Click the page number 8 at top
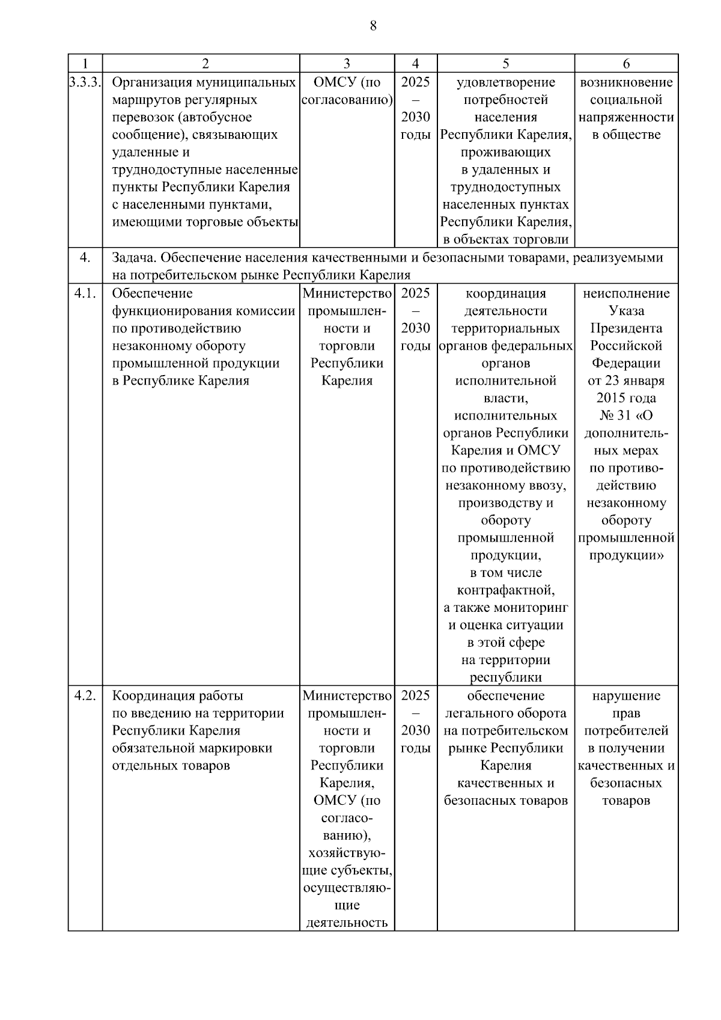373,25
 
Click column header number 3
347,64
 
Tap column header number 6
626,64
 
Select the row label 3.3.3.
85,82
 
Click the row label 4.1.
85,293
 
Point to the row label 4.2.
85,696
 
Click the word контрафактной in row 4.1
505,590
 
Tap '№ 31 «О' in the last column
626,415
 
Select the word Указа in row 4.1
626,311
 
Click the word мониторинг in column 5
537,608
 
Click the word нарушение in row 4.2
626,696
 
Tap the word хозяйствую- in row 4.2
347,853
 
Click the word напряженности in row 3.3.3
626,117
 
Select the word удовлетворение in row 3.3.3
505,82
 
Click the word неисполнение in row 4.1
626,293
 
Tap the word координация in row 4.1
505,293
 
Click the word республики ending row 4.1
505,677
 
